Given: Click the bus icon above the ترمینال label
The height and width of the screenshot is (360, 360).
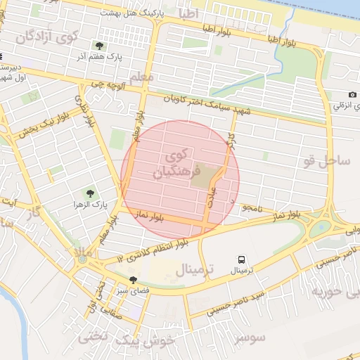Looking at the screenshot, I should (242, 259).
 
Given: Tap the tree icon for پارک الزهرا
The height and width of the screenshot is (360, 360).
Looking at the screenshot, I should (89, 192).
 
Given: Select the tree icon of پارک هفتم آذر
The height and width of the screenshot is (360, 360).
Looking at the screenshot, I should (98, 46).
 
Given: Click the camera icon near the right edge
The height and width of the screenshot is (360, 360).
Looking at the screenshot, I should (352, 95).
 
